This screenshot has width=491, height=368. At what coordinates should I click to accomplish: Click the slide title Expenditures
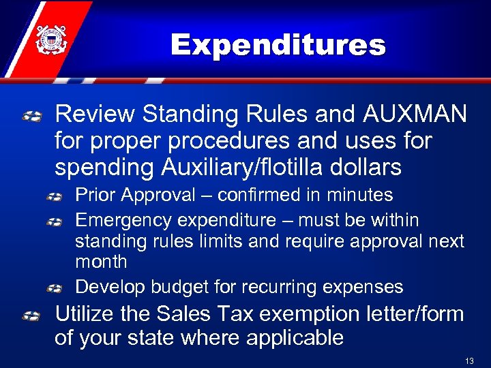[x=278, y=46]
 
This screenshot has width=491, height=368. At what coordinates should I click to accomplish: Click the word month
[x=101, y=262]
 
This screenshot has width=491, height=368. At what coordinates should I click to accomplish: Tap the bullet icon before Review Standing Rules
[x=33, y=117]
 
